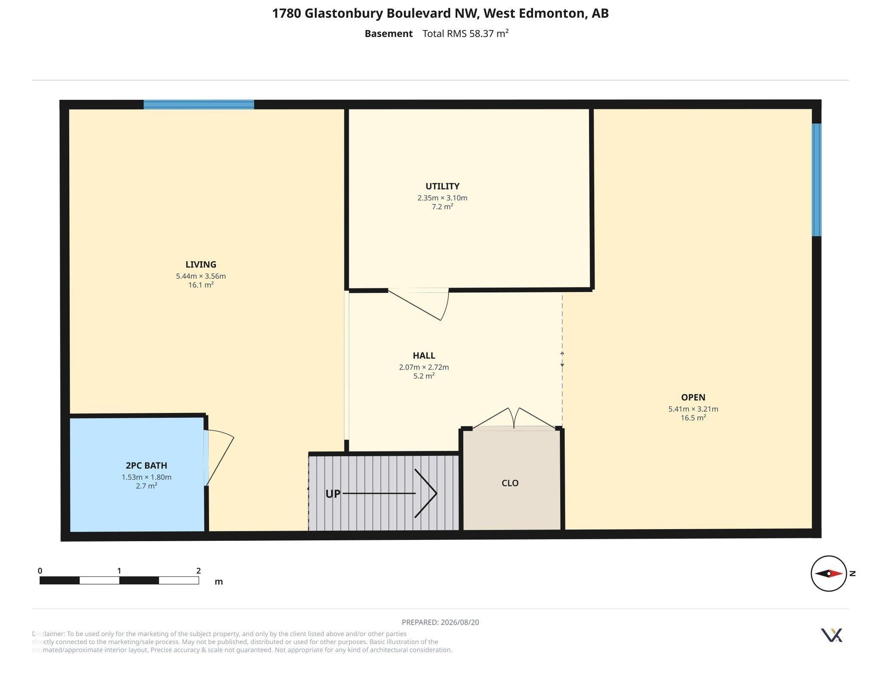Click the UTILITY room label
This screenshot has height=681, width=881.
tap(442, 186)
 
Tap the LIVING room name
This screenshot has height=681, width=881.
tap(200, 265)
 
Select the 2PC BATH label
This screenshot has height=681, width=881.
tap(146, 465)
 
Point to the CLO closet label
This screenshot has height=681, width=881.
tap(510, 483)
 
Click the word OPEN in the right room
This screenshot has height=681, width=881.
tap(693, 398)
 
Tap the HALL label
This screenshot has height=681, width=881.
tap(424, 356)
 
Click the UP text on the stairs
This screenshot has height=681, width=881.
tap(333, 494)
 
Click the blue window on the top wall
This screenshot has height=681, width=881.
tap(199, 105)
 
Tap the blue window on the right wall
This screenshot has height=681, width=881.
tap(816, 180)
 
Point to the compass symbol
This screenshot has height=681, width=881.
tap(829, 573)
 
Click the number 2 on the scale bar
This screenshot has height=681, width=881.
tap(198, 571)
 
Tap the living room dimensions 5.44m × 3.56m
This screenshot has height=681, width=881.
tap(200, 276)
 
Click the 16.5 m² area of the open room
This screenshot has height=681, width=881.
tap(693, 418)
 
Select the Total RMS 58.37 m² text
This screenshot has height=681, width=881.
tap(465, 34)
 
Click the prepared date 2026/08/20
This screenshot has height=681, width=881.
tap(459, 622)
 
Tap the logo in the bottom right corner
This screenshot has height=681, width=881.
tap(832, 635)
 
